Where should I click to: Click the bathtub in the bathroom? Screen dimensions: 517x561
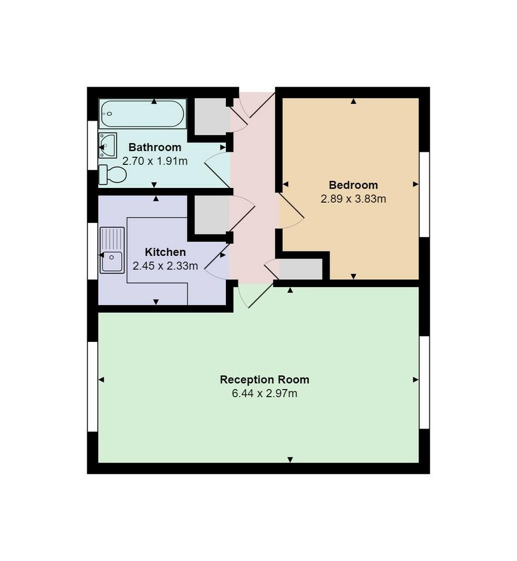click(143, 113)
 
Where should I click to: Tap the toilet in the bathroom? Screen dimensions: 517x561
click(112, 175)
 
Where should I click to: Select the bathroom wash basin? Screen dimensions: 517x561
click(108, 145)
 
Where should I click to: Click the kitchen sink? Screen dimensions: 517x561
click(112, 250)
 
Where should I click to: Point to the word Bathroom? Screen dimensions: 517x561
click(155, 147)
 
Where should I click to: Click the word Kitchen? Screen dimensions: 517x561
click(166, 252)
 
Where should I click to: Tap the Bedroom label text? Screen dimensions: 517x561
click(354, 185)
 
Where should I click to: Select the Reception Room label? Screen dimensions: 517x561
click(265, 380)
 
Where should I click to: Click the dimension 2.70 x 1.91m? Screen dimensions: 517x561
click(155, 161)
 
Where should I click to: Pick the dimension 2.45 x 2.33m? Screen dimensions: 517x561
click(166, 266)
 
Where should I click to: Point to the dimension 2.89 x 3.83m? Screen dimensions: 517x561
click(354, 198)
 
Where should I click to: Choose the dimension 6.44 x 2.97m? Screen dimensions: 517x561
click(265, 393)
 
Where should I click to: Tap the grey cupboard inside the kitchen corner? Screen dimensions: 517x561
click(212, 215)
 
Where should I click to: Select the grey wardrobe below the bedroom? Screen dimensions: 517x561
click(301, 268)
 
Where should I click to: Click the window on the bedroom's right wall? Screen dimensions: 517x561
click(424, 194)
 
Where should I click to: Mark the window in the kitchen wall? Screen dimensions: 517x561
click(93, 251)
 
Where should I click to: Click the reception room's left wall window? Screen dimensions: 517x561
click(93, 386)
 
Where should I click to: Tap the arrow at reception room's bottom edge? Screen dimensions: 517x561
click(291, 460)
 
